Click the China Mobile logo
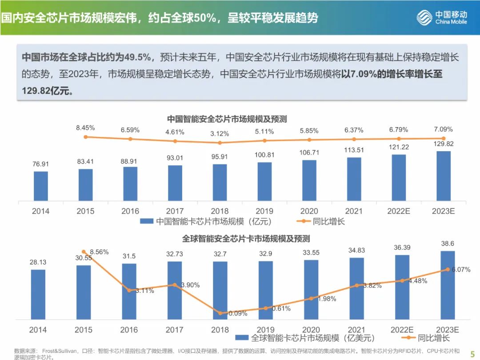(442, 18)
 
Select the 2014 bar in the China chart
(41, 186)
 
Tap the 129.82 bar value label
(443, 144)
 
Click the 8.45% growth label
(85, 128)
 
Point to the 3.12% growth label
(220, 133)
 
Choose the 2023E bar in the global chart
(448, 284)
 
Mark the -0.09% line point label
(236, 314)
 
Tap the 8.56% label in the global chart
(99, 252)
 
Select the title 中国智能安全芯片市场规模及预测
(227, 119)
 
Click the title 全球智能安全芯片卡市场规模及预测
(246, 239)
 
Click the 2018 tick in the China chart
(220, 211)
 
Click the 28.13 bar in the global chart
(38, 294)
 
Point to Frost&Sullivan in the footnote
(60, 351)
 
